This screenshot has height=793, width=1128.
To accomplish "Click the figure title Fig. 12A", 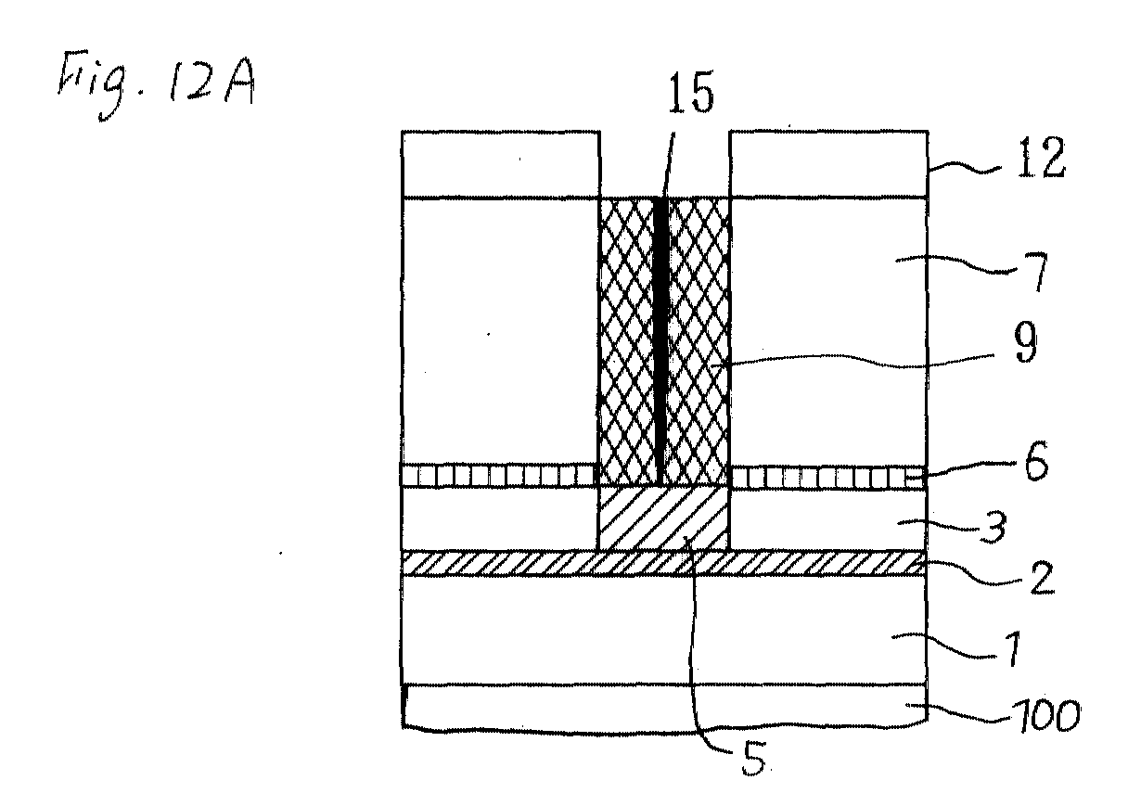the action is [156, 83].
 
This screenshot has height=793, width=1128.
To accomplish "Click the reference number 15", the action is [690, 92].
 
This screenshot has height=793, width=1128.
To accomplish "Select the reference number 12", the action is [1041, 157].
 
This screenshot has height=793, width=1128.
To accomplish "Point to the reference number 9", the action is [1025, 342].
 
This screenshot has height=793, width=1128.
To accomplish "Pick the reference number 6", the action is [1036, 460].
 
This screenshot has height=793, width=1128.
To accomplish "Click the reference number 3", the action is [993, 527].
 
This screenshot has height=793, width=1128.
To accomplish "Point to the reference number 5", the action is [753, 759].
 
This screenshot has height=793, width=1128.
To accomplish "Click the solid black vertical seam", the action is [660, 339].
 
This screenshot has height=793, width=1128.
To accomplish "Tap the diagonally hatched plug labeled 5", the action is [663, 518].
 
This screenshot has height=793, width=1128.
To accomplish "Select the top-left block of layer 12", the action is [500, 164].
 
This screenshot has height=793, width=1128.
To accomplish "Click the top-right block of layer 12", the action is [829, 164].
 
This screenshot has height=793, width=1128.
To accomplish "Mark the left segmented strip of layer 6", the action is [498, 475].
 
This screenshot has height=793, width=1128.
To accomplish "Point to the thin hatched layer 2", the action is [663, 563].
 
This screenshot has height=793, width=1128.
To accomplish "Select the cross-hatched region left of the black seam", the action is [627, 340].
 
